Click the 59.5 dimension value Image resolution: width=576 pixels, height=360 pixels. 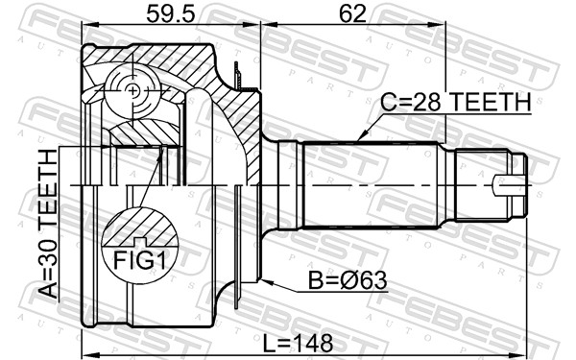[x=170, y=13]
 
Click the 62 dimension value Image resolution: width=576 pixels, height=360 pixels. [x=352, y=13]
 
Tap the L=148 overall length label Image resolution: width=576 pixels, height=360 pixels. [x=298, y=344]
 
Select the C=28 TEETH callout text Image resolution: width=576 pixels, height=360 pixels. [x=456, y=102]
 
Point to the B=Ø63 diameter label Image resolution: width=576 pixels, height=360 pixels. [x=348, y=280]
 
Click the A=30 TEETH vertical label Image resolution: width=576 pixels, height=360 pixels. [x=48, y=224]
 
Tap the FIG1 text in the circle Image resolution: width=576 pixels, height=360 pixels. [x=140, y=260]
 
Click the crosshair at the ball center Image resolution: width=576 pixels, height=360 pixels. [x=132, y=90]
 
